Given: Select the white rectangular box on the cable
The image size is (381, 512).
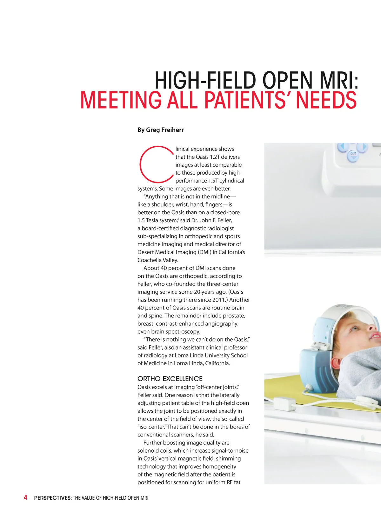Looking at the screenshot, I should [x=284, y=403].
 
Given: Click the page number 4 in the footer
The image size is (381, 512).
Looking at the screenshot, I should [x=26, y=497].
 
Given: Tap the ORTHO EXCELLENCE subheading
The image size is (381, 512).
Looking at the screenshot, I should [x=170, y=379].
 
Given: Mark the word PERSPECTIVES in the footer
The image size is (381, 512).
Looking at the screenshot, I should [x=53, y=498].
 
